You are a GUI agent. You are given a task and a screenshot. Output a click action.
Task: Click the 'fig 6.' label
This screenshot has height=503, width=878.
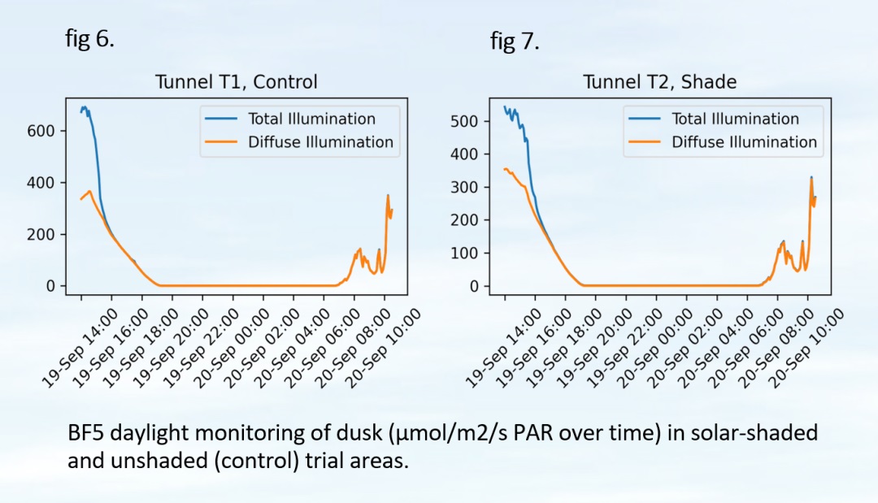pyautogui.click(x=89, y=39)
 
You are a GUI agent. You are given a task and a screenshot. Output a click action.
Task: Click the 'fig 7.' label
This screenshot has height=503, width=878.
pyautogui.click(x=515, y=42)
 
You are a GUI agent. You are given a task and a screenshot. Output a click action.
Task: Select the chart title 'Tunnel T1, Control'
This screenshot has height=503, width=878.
pyautogui.click(x=237, y=82)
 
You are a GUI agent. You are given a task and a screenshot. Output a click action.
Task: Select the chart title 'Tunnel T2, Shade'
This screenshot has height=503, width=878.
pyautogui.click(x=659, y=82)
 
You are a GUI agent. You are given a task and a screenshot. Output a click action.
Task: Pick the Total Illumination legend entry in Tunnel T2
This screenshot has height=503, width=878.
pyautogui.click(x=735, y=119)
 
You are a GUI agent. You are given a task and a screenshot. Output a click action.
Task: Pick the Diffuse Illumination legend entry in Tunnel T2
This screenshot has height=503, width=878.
pyautogui.click(x=744, y=142)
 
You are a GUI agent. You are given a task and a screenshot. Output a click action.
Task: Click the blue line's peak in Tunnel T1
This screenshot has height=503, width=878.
pyautogui.click(x=84, y=107)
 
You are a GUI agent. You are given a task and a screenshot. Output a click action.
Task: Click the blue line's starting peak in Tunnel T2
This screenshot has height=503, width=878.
pyautogui.click(x=505, y=106)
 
